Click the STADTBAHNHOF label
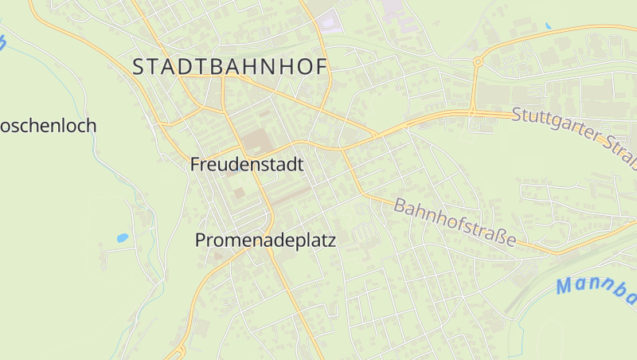[230, 68]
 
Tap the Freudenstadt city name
[247, 165]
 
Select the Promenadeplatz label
[266, 240]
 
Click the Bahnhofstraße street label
[455, 222]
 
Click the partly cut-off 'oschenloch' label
[48, 126]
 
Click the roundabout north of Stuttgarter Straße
[478, 61]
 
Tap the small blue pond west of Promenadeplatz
[122, 237]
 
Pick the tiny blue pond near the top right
[548, 26]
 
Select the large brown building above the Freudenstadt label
[256, 143]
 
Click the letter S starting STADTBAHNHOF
[139, 68]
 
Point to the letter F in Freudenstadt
[196, 165]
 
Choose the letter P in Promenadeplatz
[201, 240]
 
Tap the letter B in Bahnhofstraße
[401, 205]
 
